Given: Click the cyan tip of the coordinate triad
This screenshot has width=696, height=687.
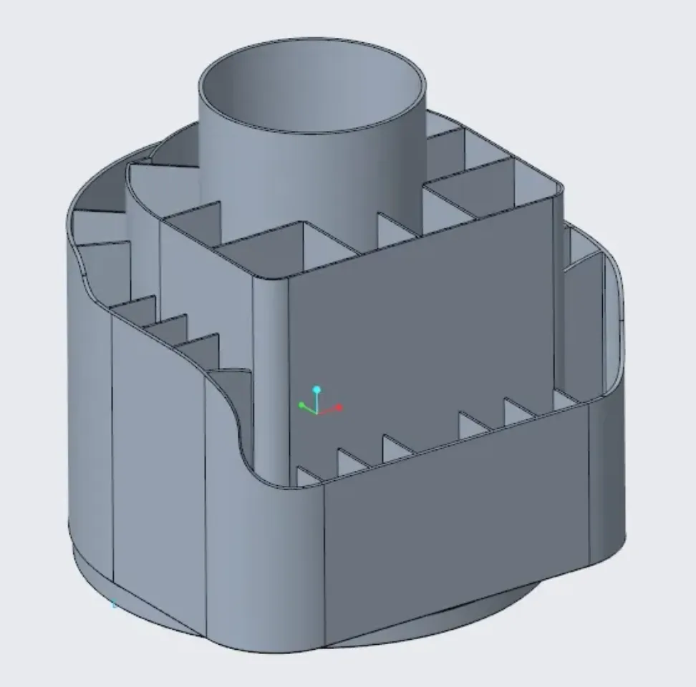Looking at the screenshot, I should coord(316,390).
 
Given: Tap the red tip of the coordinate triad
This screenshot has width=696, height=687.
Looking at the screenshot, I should coord(339,408).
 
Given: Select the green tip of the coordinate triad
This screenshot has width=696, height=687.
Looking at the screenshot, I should coord(301,406).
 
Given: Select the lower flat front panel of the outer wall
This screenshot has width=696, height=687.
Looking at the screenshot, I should coord(458,501).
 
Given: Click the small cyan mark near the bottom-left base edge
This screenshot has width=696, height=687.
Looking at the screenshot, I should coord(114,605).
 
